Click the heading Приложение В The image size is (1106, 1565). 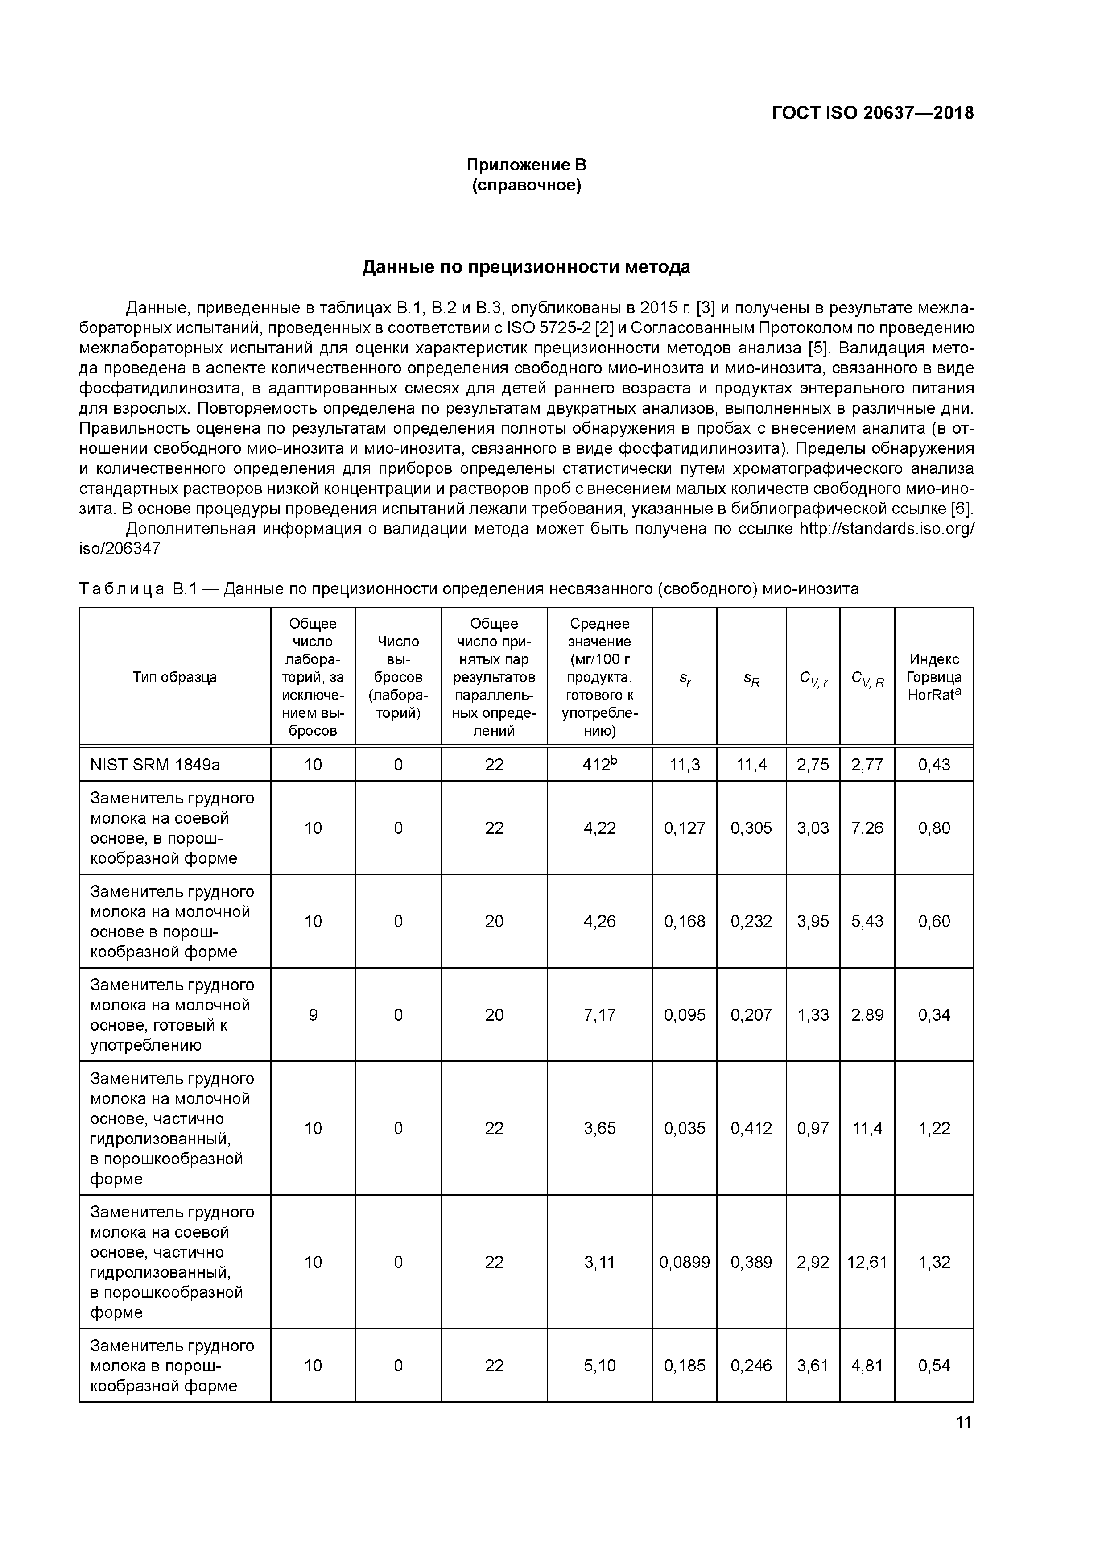(526, 165)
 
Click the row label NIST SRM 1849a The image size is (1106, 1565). (155, 765)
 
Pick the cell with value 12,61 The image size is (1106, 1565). (867, 1262)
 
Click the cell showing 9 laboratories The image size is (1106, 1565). (313, 1015)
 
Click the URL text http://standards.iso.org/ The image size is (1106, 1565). (886, 529)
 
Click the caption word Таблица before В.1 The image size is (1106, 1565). (121, 589)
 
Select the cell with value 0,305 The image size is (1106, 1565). (751, 828)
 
